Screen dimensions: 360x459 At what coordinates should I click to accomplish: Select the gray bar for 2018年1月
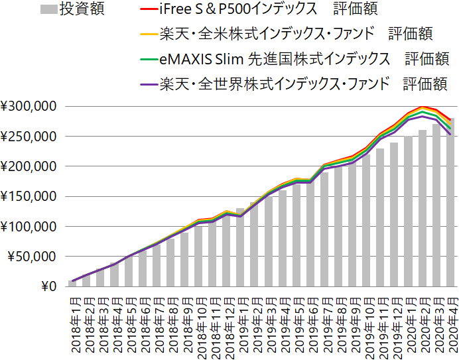[x=72, y=284]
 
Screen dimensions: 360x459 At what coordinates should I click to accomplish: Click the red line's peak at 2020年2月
[x=423, y=106]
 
